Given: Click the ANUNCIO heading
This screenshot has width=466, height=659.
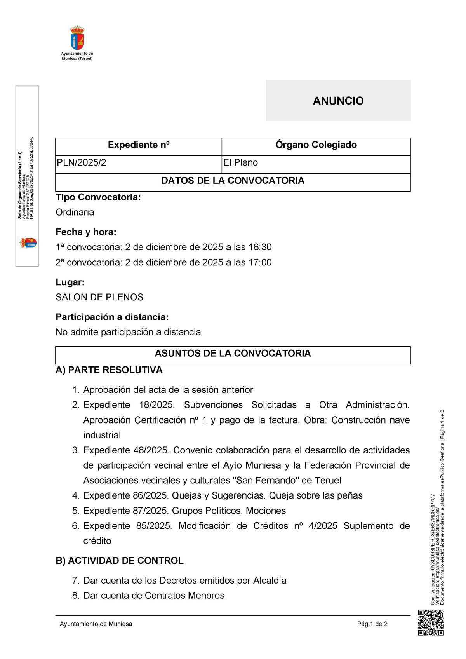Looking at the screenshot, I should pyautogui.click(x=338, y=101).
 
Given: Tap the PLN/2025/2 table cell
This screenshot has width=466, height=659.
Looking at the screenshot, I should pyautogui.click(x=81, y=163).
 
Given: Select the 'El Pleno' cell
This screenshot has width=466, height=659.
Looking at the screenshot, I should pyautogui.click(x=240, y=163).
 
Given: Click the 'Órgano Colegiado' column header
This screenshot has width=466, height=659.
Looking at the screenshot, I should pyautogui.click(x=316, y=145).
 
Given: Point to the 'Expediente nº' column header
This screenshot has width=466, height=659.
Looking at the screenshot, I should pyautogui.click(x=139, y=145).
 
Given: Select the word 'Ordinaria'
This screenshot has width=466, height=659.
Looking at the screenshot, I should pyautogui.click(x=75, y=212).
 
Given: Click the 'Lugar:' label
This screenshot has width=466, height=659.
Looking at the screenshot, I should pyautogui.click(x=70, y=282).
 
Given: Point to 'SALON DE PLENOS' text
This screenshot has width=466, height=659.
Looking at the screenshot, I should pyautogui.click(x=99, y=297).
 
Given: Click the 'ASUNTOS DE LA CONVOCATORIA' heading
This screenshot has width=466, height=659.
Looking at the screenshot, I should pyautogui.click(x=233, y=353).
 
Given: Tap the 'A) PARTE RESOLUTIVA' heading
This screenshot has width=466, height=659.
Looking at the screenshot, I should pyautogui.click(x=109, y=370).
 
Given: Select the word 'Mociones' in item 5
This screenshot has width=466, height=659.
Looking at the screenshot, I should pyautogui.click(x=266, y=511).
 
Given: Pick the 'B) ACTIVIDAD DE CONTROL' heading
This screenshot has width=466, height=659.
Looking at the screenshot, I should pyautogui.click(x=120, y=561).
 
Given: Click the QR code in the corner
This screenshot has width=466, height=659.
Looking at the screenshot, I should pyautogui.click(x=431, y=623).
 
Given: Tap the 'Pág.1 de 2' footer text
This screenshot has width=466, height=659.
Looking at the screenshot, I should pyautogui.click(x=372, y=624).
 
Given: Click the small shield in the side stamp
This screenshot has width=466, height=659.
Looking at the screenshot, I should pyautogui.click(x=28, y=243).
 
